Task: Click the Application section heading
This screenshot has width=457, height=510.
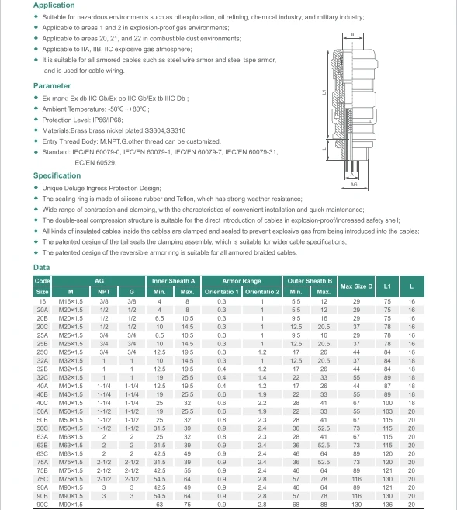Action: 54,5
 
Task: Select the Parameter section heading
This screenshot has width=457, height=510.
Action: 52,86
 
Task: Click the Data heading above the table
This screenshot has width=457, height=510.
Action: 42,268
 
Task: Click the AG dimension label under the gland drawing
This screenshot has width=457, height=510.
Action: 354,186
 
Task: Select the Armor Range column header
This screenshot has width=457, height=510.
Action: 241,280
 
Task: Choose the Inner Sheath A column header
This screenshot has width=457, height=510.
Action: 173,280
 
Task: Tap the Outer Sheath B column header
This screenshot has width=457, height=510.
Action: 310,280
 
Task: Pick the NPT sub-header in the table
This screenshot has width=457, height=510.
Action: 104,292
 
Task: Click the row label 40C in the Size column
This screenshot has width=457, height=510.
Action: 42,404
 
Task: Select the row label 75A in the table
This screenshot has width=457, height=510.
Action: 42,461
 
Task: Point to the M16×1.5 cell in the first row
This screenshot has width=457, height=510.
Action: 71,300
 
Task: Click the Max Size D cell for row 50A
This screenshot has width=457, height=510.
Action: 357,411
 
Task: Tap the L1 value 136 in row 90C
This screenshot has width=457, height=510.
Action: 387,504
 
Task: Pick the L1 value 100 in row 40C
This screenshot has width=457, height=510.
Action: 387,404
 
